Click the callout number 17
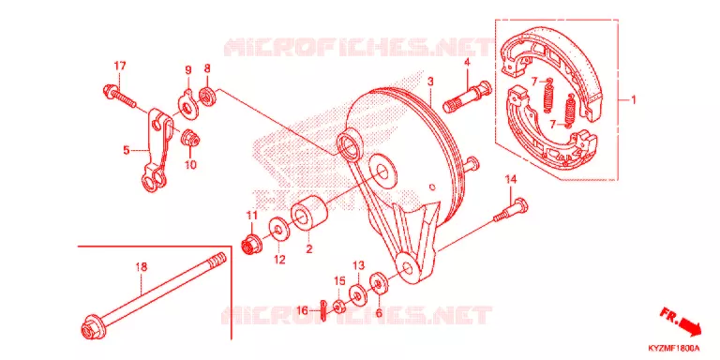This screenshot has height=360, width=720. (x=120, y=67)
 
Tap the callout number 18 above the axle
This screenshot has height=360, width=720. (x=142, y=267)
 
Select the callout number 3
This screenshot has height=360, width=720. (x=430, y=82)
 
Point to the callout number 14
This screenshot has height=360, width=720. (x=511, y=180)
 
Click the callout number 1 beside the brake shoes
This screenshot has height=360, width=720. (x=633, y=99)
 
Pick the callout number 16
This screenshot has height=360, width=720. (x=302, y=311)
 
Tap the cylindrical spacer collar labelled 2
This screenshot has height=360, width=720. (x=309, y=215)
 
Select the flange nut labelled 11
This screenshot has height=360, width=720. (x=252, y=243)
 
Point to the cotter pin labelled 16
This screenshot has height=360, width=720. (x=324, y=311)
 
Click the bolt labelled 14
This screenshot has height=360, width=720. (x=511, y=210)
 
